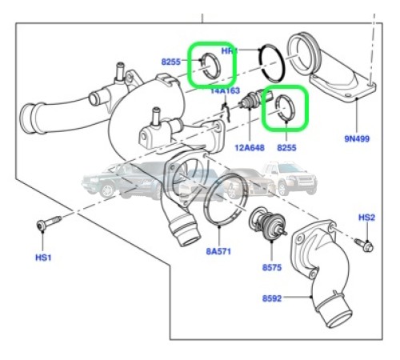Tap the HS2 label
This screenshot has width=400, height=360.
click(x=366, y=218)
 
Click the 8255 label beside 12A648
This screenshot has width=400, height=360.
click(x=287, y=147)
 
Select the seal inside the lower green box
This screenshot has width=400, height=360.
click(x=284, y=109)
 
